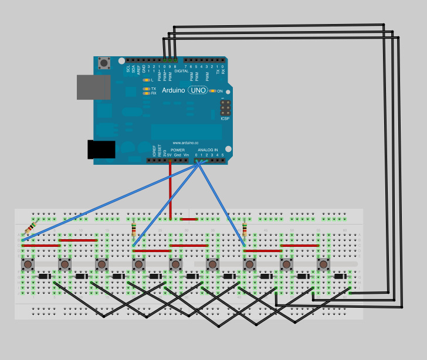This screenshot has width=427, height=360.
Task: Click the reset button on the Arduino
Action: coord(104,63)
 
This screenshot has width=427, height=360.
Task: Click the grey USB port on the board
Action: coord(93,87)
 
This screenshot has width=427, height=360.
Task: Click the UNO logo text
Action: coord(198,90)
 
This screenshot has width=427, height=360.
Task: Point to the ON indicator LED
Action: coord(212,91)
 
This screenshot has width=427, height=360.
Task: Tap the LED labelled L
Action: coord(145,80)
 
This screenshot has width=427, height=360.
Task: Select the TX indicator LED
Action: coord(145,89)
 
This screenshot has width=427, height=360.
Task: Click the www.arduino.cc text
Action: coord(185,142)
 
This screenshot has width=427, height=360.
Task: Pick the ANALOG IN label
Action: coord(208,150)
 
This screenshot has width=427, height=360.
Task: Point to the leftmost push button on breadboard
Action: coord(28,264)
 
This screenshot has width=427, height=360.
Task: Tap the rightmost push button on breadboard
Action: coord(323,264)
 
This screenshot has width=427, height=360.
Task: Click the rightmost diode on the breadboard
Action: coord(340,276)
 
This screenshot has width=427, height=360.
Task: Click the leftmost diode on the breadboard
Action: coord(44,276)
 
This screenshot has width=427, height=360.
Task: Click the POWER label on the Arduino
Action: coord(178,150)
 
